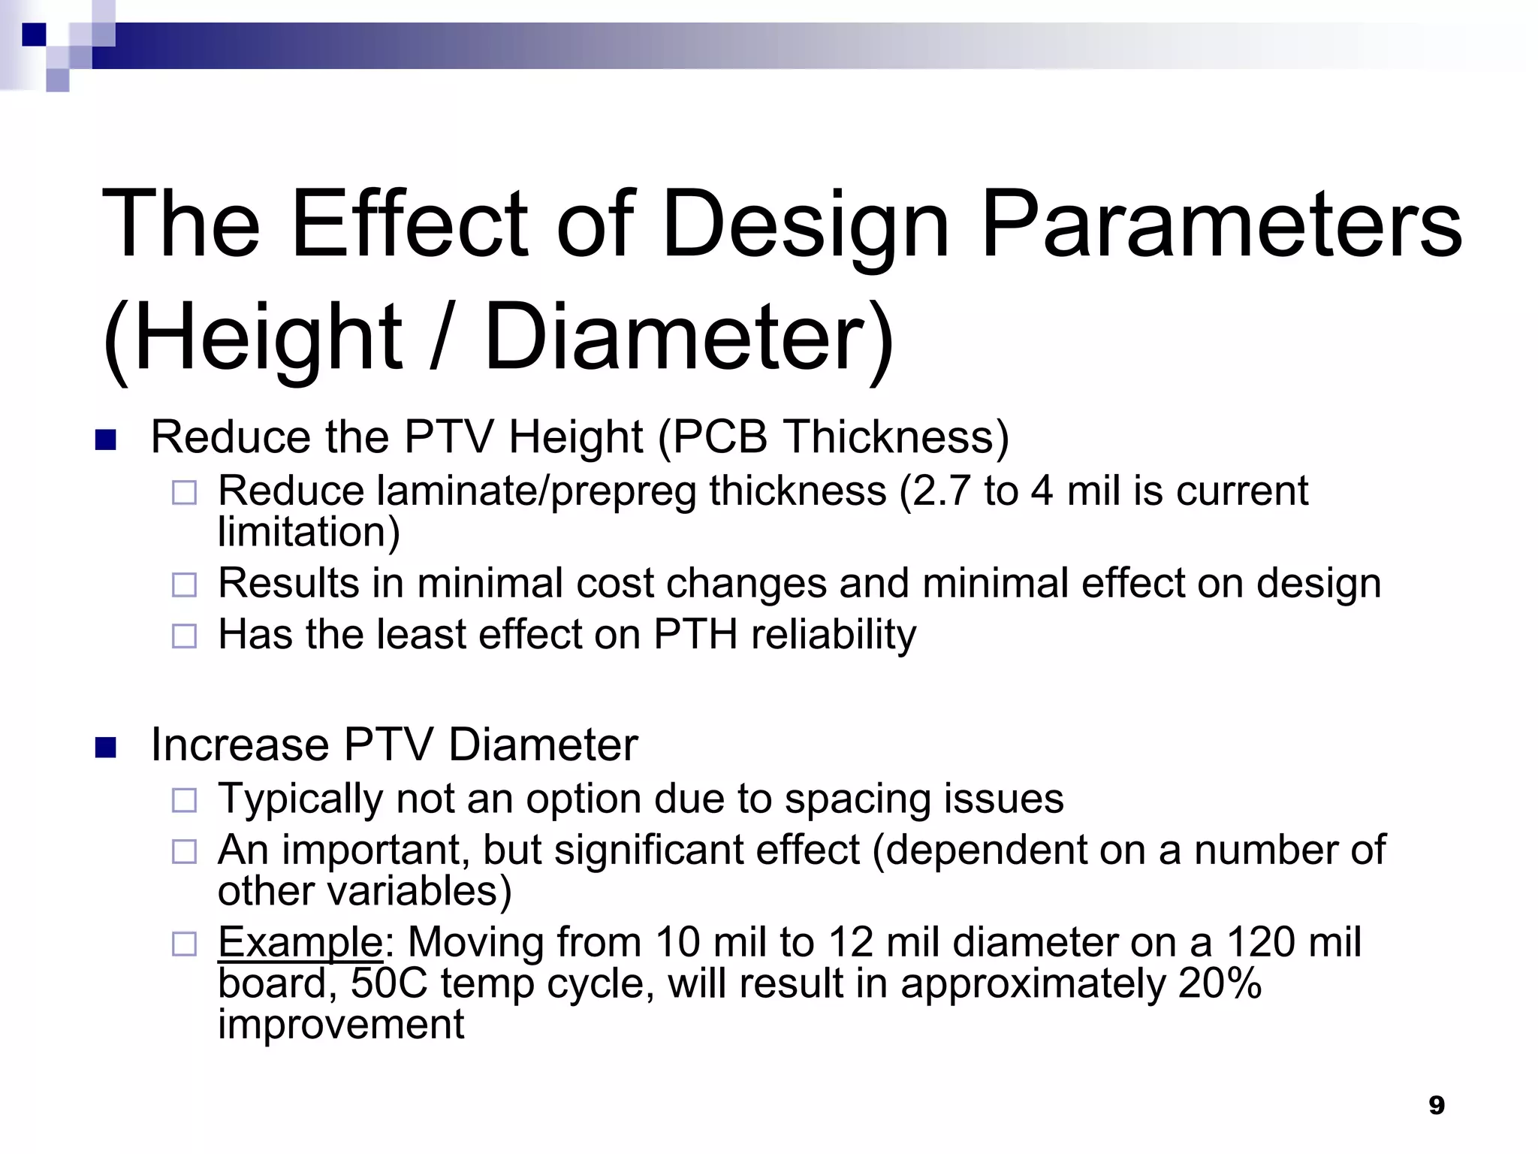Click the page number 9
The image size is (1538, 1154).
point(1436,1105)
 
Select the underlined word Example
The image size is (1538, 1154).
point(300,942)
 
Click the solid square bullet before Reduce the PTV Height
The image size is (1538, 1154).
point(106,440)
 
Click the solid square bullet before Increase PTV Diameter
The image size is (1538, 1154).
point(106,748)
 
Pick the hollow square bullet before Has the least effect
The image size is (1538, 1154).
point(184,636)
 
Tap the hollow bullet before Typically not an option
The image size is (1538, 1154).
point(184,800)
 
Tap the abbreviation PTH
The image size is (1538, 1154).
point(695,634)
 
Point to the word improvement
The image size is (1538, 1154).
point(341,1024)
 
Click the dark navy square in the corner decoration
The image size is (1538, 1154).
point(34,35)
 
